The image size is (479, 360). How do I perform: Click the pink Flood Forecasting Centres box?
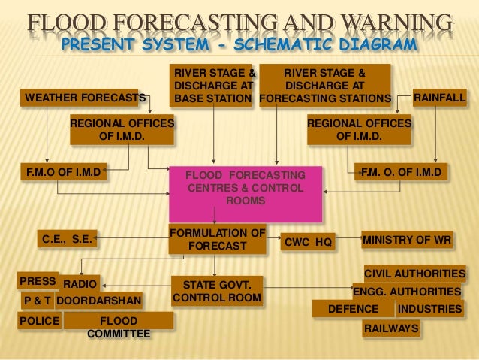246,188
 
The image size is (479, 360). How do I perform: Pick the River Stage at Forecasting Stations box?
325,86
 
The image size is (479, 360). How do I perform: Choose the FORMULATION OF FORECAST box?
217,239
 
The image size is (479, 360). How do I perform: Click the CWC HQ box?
308,242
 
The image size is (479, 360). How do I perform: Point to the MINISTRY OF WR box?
408,241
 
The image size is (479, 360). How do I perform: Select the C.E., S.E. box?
68,241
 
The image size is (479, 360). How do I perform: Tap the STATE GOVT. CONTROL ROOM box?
217,291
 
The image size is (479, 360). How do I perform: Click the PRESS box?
38,281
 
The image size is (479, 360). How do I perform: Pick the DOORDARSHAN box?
98,301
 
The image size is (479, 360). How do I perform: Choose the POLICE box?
38,321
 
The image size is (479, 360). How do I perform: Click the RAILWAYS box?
390,329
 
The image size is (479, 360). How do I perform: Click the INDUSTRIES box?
429,309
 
